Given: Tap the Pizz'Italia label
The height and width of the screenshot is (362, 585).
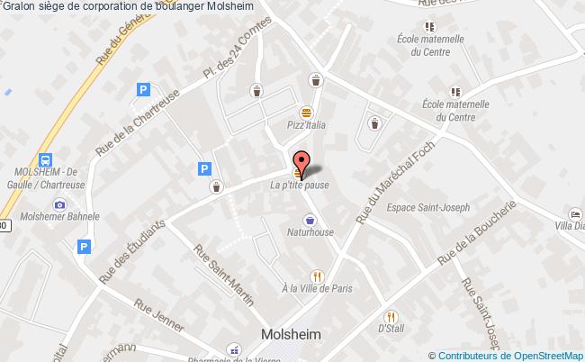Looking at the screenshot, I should (306, 127).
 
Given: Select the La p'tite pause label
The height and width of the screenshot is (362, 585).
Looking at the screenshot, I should (300, 186).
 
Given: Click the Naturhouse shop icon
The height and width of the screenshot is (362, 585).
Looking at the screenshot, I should (310, 219).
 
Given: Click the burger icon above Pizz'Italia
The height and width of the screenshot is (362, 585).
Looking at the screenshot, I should (307, 111).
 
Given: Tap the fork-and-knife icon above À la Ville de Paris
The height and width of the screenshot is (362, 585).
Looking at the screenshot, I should (316, 276).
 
